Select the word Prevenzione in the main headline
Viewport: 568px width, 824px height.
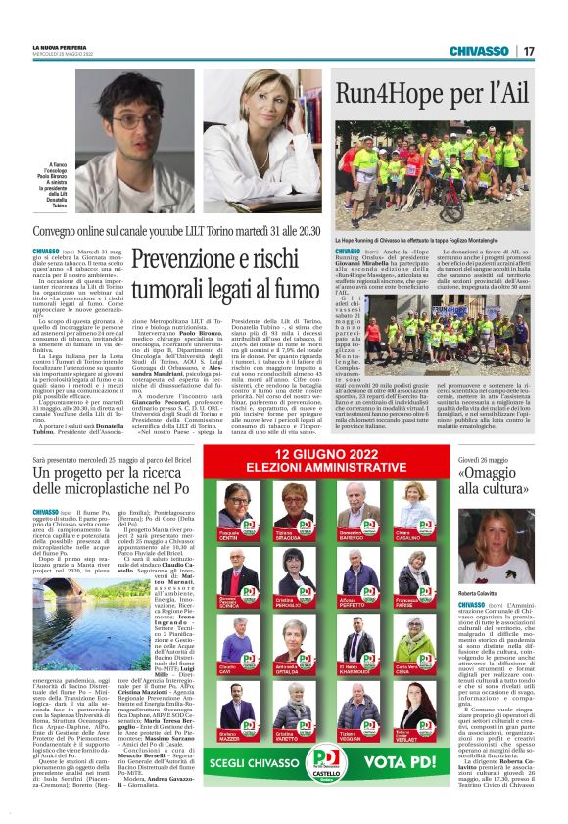click(x=201, y=260)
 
